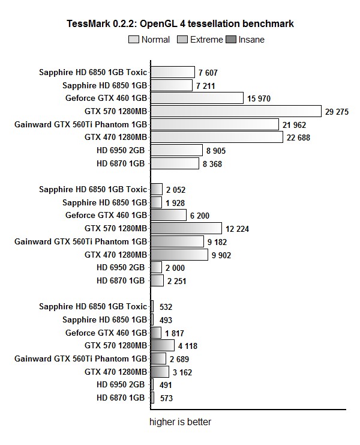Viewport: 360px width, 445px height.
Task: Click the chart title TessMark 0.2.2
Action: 180,24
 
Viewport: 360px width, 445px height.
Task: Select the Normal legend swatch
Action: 134,40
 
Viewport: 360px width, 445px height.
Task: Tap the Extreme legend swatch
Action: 182,40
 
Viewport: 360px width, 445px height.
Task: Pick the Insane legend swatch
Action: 231,40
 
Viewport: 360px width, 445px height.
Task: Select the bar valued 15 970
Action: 197,98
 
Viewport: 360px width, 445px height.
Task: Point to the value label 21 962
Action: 295,124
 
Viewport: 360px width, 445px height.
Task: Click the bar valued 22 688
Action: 217,137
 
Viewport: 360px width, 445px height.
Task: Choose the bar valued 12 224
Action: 185,228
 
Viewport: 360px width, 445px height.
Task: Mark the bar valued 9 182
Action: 177,241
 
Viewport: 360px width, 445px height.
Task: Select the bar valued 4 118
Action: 162,345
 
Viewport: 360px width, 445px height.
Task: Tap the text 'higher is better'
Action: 180,422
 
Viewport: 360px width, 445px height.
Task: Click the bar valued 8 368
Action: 175,163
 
